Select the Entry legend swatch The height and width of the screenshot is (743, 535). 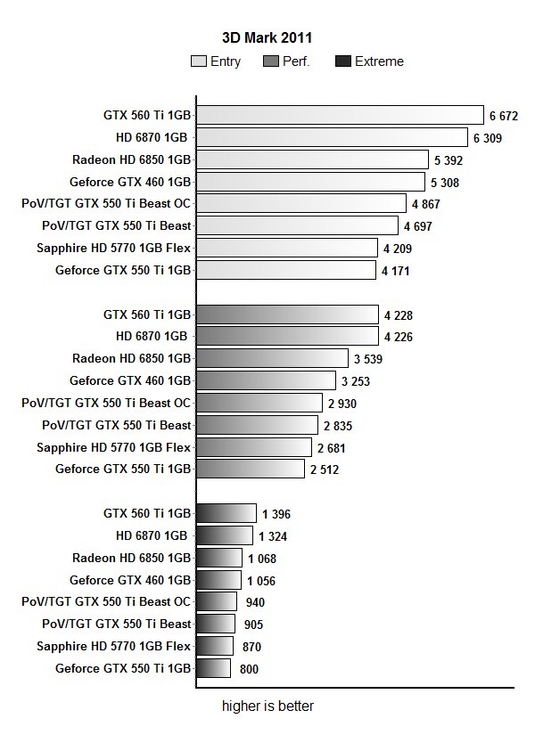(x=199, y=61)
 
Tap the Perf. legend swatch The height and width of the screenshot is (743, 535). (x=271, y=61)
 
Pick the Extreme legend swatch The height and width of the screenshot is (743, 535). (x=343, y=61)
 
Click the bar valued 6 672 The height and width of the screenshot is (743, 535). (x=340, y=115)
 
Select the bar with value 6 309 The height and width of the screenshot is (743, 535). (x=332, y=137)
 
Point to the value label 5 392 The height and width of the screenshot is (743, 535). (x=449, y=160)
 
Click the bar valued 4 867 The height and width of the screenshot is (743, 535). (x=300, y=204)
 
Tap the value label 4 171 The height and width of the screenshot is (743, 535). (x=395, y=271)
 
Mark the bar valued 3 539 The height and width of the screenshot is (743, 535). (x=272, y=359)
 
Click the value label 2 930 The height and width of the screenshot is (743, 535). (x=342, y=404)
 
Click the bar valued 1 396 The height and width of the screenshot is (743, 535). (x=226, y=513)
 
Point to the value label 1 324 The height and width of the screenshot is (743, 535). (x=273, y=536)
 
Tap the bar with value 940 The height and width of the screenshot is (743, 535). (x=217, y=602)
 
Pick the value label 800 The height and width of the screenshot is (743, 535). (x=249, y=669)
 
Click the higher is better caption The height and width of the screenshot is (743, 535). (x=267, y=706)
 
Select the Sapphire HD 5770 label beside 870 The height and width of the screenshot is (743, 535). (x=114, y=646)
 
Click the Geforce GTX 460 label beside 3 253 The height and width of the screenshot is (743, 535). (x=130, y=380)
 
